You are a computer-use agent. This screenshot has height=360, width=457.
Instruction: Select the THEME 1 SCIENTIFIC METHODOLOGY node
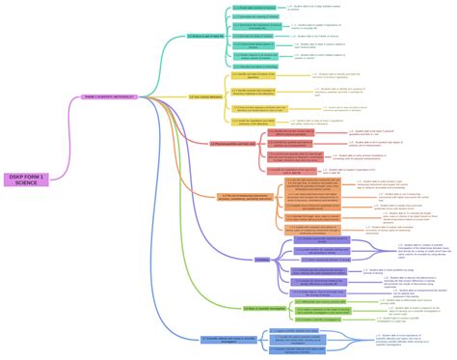click(107, 96)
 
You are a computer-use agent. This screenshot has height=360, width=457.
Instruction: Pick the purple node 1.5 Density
click(262, 259)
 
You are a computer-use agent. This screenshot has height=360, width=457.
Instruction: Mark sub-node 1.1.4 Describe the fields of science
click(253, 36)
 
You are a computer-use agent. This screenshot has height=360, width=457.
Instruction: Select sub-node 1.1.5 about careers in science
click(254, 45)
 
